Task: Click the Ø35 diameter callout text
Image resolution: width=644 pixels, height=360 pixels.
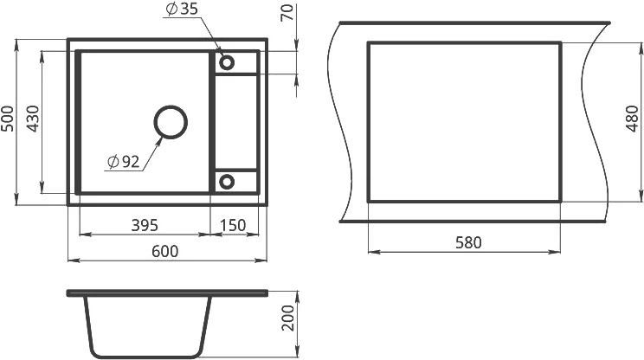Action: (x=182, y=9)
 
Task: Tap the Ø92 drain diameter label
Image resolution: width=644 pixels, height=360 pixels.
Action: (x=123, y=162)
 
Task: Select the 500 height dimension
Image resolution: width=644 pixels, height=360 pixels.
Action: (x=7, y=119)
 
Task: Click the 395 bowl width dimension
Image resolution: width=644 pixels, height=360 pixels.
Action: (x=145, y=225)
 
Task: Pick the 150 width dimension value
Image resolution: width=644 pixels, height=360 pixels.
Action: (x=233, y=225)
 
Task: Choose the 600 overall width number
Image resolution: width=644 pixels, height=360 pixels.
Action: (x=165, y=251)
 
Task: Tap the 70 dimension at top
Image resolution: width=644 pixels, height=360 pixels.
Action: (x=288, y=12)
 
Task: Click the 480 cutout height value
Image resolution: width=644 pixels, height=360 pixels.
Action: (x=633, y=119)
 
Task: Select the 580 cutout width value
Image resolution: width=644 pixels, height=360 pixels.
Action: (x=468, y=242)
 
